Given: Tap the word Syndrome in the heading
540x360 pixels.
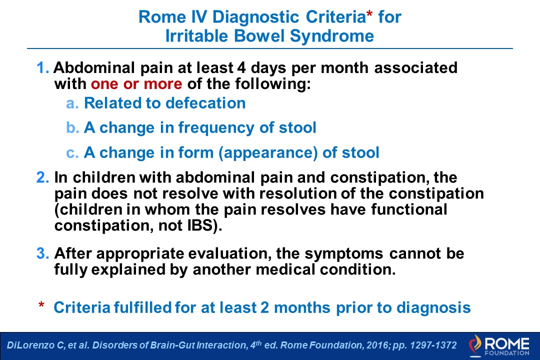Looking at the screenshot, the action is [331, 36].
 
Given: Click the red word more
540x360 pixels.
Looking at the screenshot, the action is [162, 84].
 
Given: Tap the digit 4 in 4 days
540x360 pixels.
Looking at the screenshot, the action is [241, 67].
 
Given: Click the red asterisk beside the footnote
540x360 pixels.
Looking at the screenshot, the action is [41, 304].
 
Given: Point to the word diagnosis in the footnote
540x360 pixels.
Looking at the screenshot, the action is [433, 308].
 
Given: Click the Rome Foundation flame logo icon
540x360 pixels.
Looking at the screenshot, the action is [475, 345].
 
